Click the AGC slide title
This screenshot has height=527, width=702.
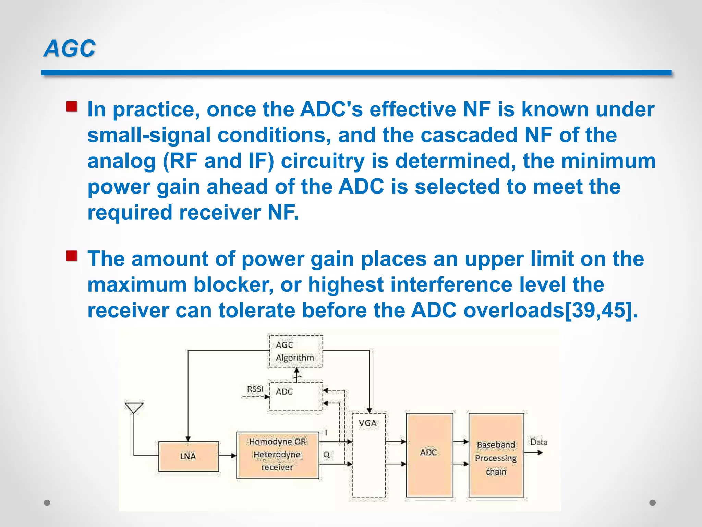(70, 48)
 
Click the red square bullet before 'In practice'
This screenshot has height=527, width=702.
(72, 106)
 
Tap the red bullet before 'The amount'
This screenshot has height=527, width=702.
(72, 256)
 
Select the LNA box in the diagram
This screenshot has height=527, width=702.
(188, 456)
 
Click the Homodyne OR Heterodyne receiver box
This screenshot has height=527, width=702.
(278, 455)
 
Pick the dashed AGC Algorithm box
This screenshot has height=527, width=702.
(295, 351)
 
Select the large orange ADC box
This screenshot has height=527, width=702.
(429, 455)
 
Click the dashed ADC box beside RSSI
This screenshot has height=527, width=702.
(296, 396)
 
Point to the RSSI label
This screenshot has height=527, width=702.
(255, 389)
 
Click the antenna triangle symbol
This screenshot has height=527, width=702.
(134, 408)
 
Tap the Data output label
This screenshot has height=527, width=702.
(539, 442)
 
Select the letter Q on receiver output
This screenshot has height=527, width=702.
(326, 455)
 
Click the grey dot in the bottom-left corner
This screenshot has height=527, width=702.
(47, 503)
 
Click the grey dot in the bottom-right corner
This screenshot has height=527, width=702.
(653, 503)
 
